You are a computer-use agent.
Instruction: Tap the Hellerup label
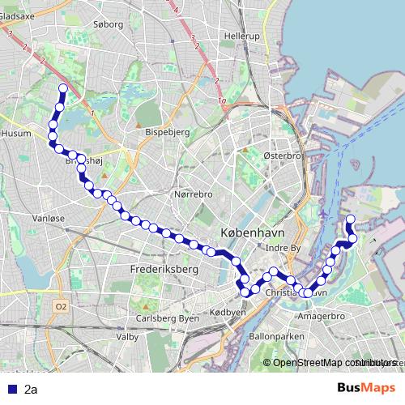click(241, 37)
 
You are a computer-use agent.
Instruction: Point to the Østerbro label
click(282, 155)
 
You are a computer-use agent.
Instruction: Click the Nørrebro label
click(193, 194)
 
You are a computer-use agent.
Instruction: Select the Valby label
click(127, 336)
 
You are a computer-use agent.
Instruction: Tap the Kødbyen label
click(228, 312)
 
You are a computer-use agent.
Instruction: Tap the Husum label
click(16, 133)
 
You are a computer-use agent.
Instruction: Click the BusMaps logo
click(366, 388)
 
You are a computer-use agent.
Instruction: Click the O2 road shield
click(62, 306)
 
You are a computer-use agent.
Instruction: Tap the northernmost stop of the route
click(62, 88)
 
